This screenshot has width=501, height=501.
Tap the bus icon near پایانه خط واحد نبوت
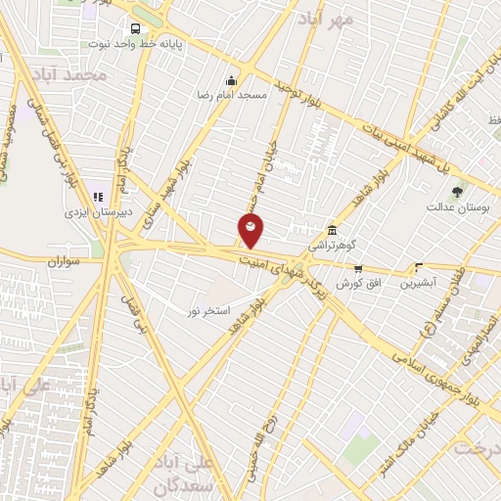tap(134, 27)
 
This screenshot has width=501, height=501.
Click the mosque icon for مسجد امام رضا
tap(231, 80)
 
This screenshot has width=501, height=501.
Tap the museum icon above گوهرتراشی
tap(333, 229)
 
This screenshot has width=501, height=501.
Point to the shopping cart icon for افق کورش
tap(358, 267)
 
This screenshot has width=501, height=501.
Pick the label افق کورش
tap(358, 283)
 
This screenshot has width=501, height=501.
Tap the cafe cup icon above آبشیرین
tap(420, 267)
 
